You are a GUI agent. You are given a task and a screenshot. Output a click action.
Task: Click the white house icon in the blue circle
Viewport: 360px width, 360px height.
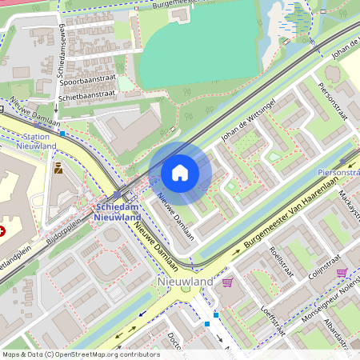click(179, 172)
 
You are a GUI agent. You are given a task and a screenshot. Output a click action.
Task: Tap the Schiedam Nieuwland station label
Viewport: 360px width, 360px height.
click(118, 212)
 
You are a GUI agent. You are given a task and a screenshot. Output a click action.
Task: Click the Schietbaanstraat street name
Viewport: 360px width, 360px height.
click(87, 94)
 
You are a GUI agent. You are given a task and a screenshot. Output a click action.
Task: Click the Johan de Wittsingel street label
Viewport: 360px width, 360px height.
click(248, 124)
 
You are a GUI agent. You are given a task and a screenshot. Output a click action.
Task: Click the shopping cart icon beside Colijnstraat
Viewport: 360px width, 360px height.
click(342, 273)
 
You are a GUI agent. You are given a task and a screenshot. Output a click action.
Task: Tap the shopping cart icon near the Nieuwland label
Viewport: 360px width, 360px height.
click(228, 282)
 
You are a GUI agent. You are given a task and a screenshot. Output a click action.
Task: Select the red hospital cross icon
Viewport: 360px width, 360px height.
click(2, 230)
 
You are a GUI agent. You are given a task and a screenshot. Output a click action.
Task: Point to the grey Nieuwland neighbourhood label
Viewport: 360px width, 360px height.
click(186, 282)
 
